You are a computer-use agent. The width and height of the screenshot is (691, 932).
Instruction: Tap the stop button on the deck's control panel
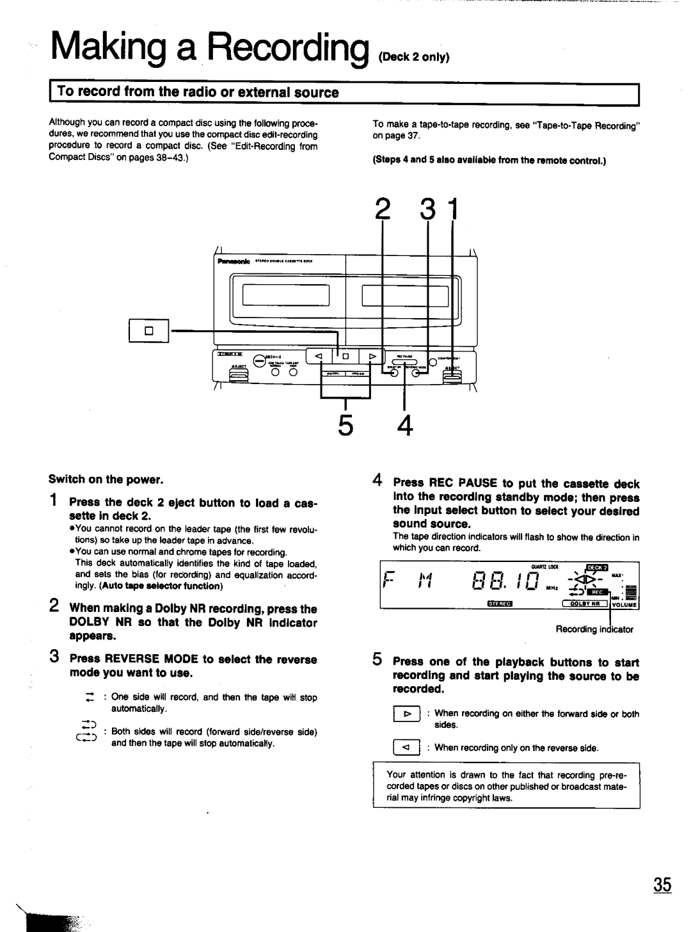point(344,357)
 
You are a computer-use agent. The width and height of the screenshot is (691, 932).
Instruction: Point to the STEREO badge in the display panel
point(502,603)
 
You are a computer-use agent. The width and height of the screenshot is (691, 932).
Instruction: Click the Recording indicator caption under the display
point(594,629)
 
